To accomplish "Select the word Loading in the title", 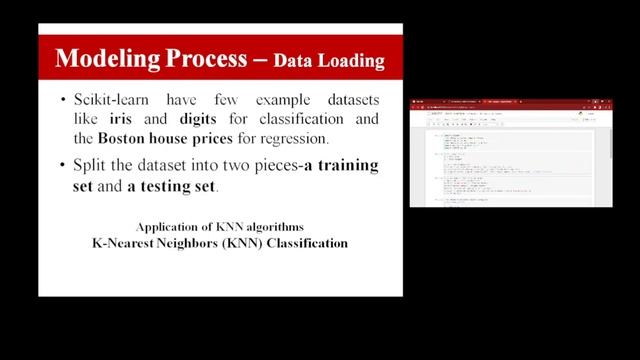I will [x=350, y=61].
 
